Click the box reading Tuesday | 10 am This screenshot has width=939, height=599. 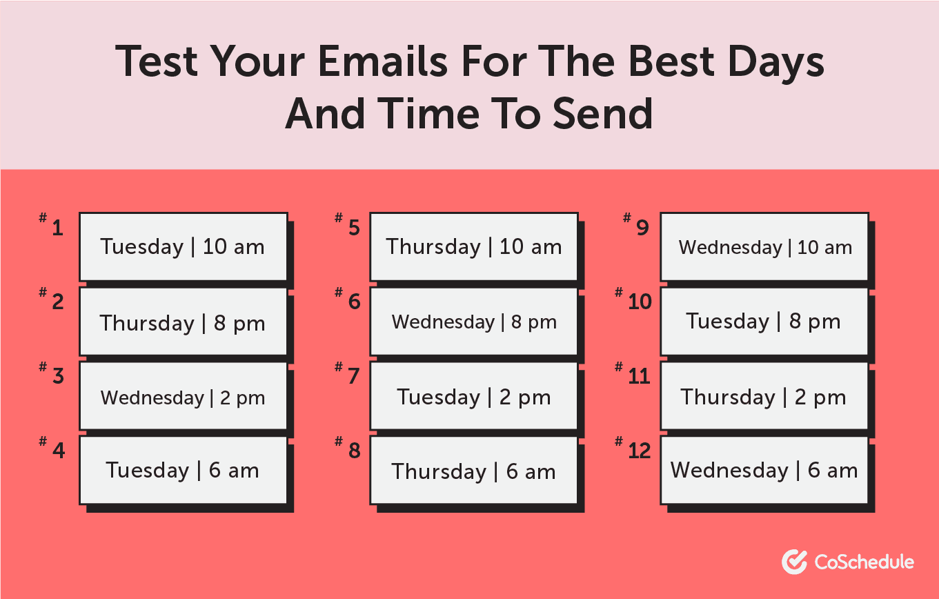coord(184,247)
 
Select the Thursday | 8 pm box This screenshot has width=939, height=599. coord(184,322)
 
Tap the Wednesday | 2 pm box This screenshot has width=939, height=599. coord(184,396)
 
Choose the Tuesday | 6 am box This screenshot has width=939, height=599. coord(184,471)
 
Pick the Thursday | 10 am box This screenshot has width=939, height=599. coord(474,247)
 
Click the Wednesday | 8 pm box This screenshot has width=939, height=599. coord(474,322)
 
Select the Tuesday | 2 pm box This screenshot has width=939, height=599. coord(474,396)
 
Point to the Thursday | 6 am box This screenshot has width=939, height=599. coord(474,471)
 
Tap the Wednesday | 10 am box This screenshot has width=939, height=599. coord(764,247)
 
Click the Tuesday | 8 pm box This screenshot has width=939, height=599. coord(764,322)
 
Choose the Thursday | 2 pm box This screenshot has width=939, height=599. coord(764,396)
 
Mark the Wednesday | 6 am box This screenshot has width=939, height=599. coord(764,471)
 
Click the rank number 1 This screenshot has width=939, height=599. coord(57,228)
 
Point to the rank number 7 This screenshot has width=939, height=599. coord(353,376)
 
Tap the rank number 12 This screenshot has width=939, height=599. coord(640,451)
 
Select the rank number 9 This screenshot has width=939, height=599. coord(642,228)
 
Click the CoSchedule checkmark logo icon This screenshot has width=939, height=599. coord(794,562)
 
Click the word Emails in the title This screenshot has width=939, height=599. coord(383,61)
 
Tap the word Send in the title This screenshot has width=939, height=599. coord(602,113)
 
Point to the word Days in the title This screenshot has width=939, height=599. coord(776,63)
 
